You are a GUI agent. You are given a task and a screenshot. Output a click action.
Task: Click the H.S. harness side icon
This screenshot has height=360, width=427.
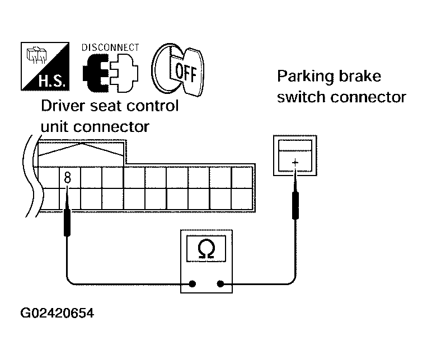click(45, 67)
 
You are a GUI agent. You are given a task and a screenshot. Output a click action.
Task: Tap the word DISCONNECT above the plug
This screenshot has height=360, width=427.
click(110, 48)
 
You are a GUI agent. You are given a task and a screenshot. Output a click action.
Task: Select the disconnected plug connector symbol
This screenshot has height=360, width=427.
click(111, 73)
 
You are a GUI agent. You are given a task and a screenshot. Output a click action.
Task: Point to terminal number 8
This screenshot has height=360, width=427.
click(67, 178)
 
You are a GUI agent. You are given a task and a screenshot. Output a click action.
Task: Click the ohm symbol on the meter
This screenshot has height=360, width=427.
click(207, 249)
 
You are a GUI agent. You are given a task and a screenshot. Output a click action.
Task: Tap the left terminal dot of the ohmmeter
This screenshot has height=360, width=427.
click(193, 284)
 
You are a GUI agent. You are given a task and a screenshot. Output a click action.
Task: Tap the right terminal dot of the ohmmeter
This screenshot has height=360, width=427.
click(220, 284)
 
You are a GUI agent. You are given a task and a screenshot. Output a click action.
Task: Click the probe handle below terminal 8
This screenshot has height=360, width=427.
click(67, 222)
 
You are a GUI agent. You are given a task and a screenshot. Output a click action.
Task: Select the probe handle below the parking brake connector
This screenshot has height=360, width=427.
click(295, 206)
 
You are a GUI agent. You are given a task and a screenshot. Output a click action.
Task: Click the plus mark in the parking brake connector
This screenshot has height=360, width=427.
click(295, 163)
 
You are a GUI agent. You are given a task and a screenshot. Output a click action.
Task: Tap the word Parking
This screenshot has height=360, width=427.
click(306, 77)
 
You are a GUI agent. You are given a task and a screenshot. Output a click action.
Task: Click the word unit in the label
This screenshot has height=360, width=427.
click(55, 126)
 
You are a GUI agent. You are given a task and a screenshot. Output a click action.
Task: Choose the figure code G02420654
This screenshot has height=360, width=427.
click(57, 313)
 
